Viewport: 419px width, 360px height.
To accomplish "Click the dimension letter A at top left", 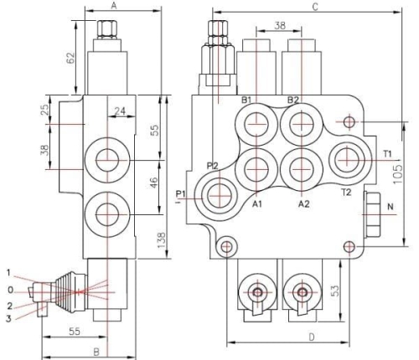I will click(114, 7).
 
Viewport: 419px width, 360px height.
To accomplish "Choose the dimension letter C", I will click(314, 7).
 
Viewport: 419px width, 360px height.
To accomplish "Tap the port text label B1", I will click(247, 100).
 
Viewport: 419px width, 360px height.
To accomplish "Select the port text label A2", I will click(305, 203).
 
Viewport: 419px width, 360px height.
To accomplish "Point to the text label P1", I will click(180, 194).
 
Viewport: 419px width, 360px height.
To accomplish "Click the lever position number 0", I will click(9, 291).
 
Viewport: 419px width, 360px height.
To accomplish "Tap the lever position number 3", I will click(9, 318).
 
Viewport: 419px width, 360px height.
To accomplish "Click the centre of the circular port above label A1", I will click(255, 165).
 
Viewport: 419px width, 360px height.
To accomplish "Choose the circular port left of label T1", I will click(346, 157).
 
